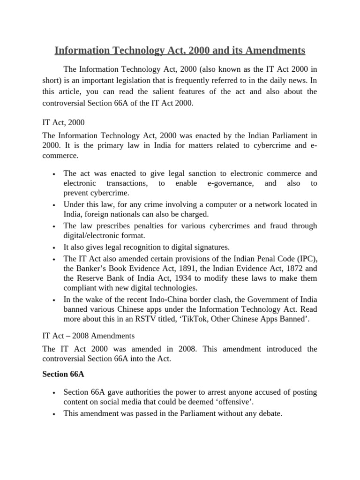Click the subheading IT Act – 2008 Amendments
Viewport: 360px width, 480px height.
coord(89,336)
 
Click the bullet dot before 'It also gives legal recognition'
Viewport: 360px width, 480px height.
coord(55,248)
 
